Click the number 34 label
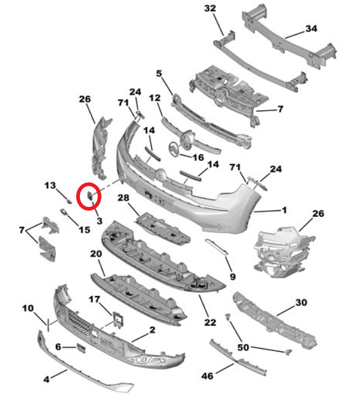click(x=311, y=28)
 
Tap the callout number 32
click(x=210, y=8)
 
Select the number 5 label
click(x=159, y=74)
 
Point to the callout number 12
click(x=154, y=98)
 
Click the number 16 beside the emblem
click(x=198, y=157)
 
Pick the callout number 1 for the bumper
click(x=284, y=210)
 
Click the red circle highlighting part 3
click(x=88, y=196)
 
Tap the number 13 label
click(x=50, y=185)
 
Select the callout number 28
click(x=123, y=198)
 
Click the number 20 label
click(x=96, y=254)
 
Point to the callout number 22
click(x=210, y=322)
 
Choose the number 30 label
click(x=302, y=302)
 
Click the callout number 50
click(x=243, y=348)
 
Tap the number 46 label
click(x=207, y=376)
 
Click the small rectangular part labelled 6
click(x=81, y=348)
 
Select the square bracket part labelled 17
click(x=118, y=319)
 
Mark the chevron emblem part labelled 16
click(x=173, y=149)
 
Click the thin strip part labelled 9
click(x=217, y=247)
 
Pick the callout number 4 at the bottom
click(x=46, y=379)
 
